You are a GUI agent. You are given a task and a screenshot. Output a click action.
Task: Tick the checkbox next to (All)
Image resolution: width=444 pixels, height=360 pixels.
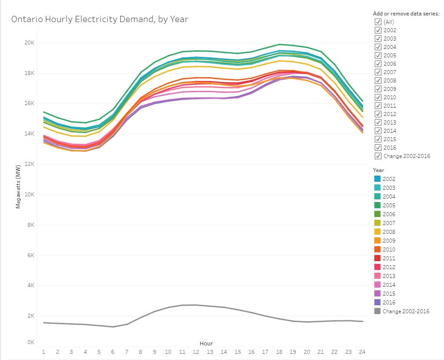(378, 22)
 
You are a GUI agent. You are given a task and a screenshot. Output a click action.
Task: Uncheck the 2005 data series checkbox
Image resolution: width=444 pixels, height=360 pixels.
(378, 55)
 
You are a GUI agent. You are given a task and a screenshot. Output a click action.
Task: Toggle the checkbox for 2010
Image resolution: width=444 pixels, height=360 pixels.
(378, 97)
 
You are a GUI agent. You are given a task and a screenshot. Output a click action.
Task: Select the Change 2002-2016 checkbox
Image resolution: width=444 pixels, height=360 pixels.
(378, 156)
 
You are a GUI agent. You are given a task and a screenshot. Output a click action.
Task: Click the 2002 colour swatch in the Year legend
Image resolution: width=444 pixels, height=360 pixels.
(377, 179)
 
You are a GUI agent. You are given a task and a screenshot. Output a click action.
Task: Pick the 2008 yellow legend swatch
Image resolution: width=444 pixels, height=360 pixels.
(377, 232)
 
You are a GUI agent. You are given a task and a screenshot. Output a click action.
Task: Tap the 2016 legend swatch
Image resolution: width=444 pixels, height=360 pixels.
(377, 302)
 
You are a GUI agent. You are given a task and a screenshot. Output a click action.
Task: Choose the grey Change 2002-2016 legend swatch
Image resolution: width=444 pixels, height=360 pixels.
(377, 311)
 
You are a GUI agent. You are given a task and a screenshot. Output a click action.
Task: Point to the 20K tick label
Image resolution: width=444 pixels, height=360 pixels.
(29, 43)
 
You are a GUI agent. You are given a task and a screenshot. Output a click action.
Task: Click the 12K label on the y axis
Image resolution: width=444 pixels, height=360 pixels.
(29, 164)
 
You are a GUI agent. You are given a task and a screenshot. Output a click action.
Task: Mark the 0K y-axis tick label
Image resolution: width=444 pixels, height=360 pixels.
(30, 342)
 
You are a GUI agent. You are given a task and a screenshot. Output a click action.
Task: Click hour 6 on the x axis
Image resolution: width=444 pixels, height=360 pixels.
(113, 352)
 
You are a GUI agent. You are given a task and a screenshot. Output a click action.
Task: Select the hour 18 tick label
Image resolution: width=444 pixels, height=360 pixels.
(279, 352)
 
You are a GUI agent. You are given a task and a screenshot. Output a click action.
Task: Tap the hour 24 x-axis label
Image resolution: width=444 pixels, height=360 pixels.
(362, 352)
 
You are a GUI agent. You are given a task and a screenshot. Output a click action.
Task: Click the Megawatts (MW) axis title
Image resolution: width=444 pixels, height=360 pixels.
(19, 187)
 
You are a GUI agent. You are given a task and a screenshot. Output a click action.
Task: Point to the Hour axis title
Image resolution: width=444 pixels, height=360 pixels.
(206, 343)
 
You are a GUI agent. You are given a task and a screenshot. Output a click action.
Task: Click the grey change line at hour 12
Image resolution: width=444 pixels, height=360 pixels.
(196, 305)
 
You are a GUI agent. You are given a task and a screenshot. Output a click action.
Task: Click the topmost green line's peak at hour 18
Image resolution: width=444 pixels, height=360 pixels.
(279, 44)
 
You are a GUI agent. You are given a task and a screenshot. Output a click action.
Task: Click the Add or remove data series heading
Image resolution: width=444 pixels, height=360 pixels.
(406, 13)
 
